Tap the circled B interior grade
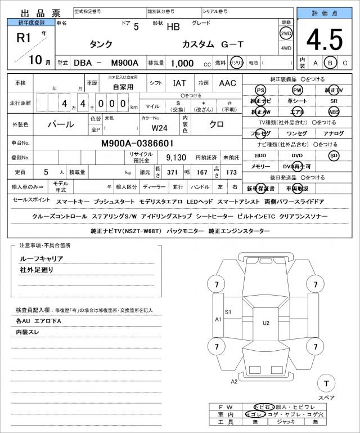tap(331, 63)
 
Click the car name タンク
tap(101, 44)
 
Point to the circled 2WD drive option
tap(286, 33)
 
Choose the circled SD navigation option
tap(334, 155)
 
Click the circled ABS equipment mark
tap(334, 111)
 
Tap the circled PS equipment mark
tap(260, 90)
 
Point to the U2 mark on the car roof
tap(265, 323)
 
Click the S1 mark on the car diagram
tap(228, 311)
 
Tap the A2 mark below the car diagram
tap(235, 381)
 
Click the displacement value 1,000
tap(182, 63)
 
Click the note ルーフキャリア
tap(42, 258)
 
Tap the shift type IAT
tap(179, 83)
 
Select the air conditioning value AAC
tap(227, 83)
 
